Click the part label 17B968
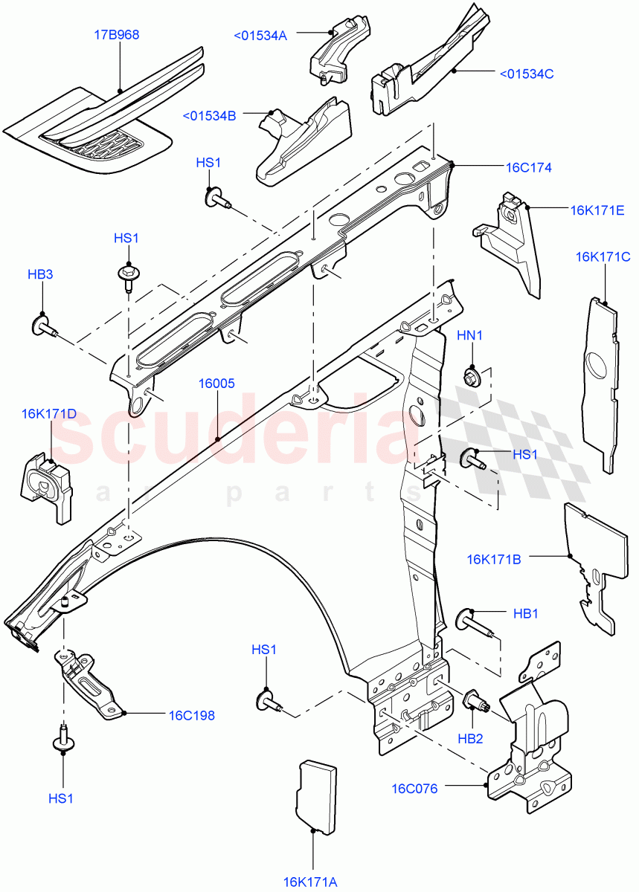tap(117, 35)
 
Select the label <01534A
tap(260, 34)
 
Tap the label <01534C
tap(527, 73)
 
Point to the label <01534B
tap(209, 115)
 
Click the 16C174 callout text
tap(529, 167)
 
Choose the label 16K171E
tap(597, 210)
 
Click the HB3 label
tap(40, 274)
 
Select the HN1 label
tap(469, 335)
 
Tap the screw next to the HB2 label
tap(474, 701)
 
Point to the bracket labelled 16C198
tap(89, 685)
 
